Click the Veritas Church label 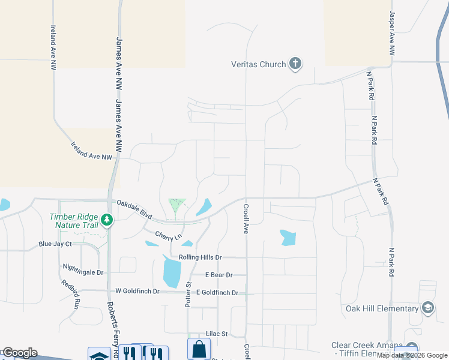(259, 64)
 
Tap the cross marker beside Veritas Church (295, 64)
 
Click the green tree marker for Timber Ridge (107, 220)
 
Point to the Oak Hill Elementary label (382, 308)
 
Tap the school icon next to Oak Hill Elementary (428, 308)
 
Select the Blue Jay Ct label (55, 244)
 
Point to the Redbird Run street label (69, 294)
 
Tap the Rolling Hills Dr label (196, 257)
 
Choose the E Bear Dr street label (218, 275)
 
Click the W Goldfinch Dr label (137, 291)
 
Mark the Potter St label (188, 293)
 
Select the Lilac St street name (217, 334)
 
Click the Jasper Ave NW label (392, 34)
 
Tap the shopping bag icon (199, 349)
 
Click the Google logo (19, 353)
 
